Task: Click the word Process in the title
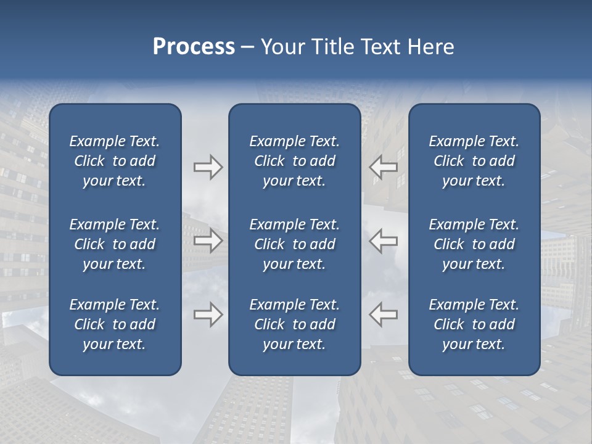tap(194, 47)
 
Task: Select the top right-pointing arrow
tap(208, 167)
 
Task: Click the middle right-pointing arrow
tap(208, 240)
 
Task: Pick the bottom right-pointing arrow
tap(208, 314)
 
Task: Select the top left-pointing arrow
tap(384, 167)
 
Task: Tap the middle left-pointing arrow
tap(384, 240)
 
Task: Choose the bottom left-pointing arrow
tap(384, 314)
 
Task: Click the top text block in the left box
tap(115, 161)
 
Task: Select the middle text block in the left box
tap(115, 244)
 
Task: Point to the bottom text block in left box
tap(115, 324)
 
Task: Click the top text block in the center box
tap(294, 161)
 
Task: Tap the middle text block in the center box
tap(294, 244)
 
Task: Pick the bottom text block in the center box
tap(294, 324)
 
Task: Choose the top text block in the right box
tap(474, 161)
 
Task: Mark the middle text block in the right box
tap(474, 244)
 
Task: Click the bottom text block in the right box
tap(474, 324)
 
